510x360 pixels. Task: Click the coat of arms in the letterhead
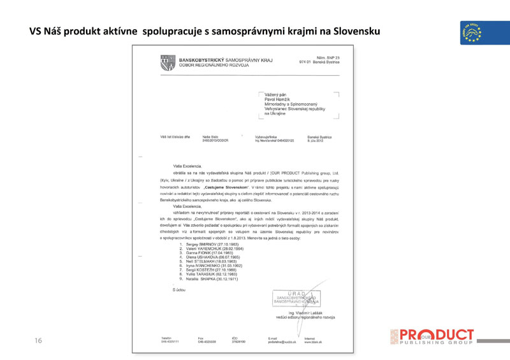coord(168,62)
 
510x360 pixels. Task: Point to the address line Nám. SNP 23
coord(320,58)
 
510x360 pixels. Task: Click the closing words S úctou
coord(180,290)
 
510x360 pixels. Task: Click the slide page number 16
coord(38,342)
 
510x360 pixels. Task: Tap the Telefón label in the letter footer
coord(167,338)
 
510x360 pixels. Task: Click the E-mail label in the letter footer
coord(273,338)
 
